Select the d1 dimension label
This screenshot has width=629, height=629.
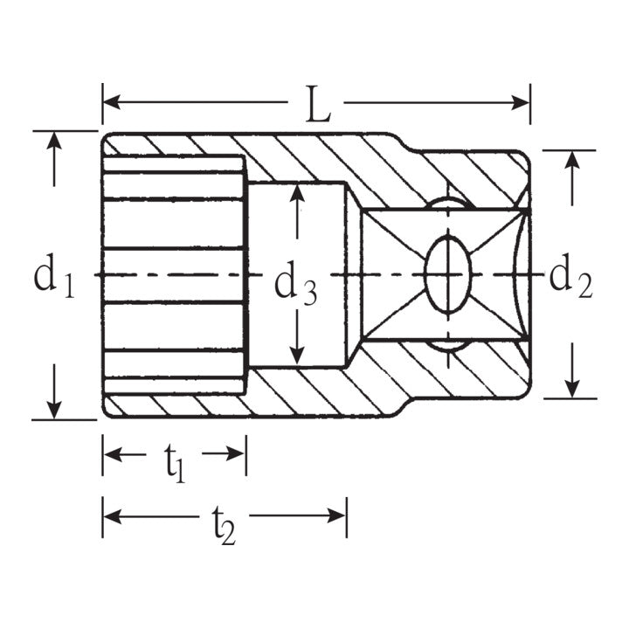point(53,276)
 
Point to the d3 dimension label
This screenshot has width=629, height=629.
point(295,284)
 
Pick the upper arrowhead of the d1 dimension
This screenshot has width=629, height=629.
point(54,141)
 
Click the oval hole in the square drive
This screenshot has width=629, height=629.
point(446,274)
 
